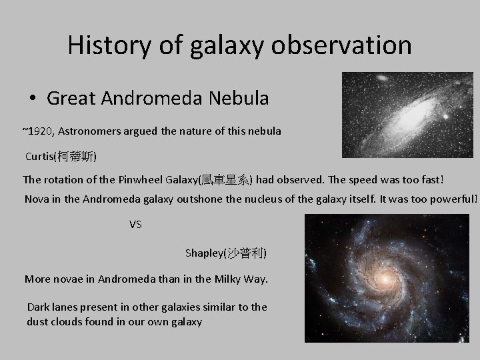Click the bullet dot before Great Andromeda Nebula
click(x=33, y=99)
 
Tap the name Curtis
click(x=41, y=157)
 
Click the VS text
click(x=135, y=224)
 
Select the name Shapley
click(x=204, y=253)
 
